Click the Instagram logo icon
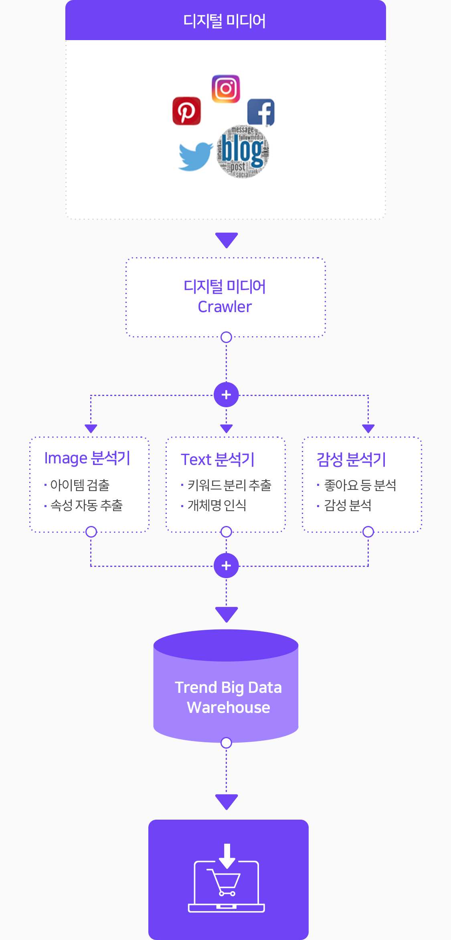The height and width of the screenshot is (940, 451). (226, 89)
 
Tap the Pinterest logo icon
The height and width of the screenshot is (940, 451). (186, 111)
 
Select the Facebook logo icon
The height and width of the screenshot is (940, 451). (261, 112)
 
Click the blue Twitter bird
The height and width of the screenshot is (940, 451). (195, 156)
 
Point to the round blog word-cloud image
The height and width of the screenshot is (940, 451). (243, 151)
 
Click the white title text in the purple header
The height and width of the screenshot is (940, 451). (224, 21)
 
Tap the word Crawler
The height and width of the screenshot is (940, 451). (224, 307)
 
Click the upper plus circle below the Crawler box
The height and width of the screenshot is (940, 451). (226, 395)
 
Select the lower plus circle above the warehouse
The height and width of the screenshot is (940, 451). (226, 566)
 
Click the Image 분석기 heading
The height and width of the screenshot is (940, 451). (87, 458)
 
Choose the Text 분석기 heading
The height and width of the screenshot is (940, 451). (217, 460)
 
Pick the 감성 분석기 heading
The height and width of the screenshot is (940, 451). (351, 460)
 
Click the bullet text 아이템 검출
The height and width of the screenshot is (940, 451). (80, 485)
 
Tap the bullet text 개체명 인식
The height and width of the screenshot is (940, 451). (217, 506)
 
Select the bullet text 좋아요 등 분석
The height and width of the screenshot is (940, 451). (360, 485)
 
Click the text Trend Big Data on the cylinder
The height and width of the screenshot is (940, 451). (228, 688)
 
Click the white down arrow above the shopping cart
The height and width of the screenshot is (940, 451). (227, 855)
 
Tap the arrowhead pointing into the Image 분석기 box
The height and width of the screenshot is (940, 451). (91, 428)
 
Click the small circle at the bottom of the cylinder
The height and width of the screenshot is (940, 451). (226, 743)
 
